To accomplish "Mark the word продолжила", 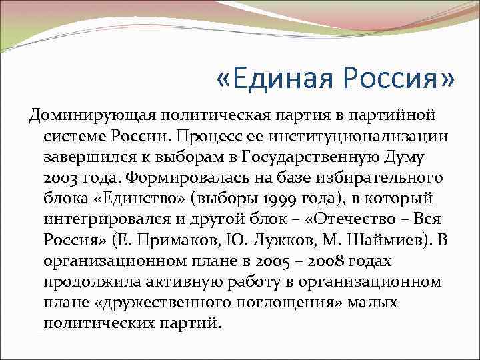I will [85, 282].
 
